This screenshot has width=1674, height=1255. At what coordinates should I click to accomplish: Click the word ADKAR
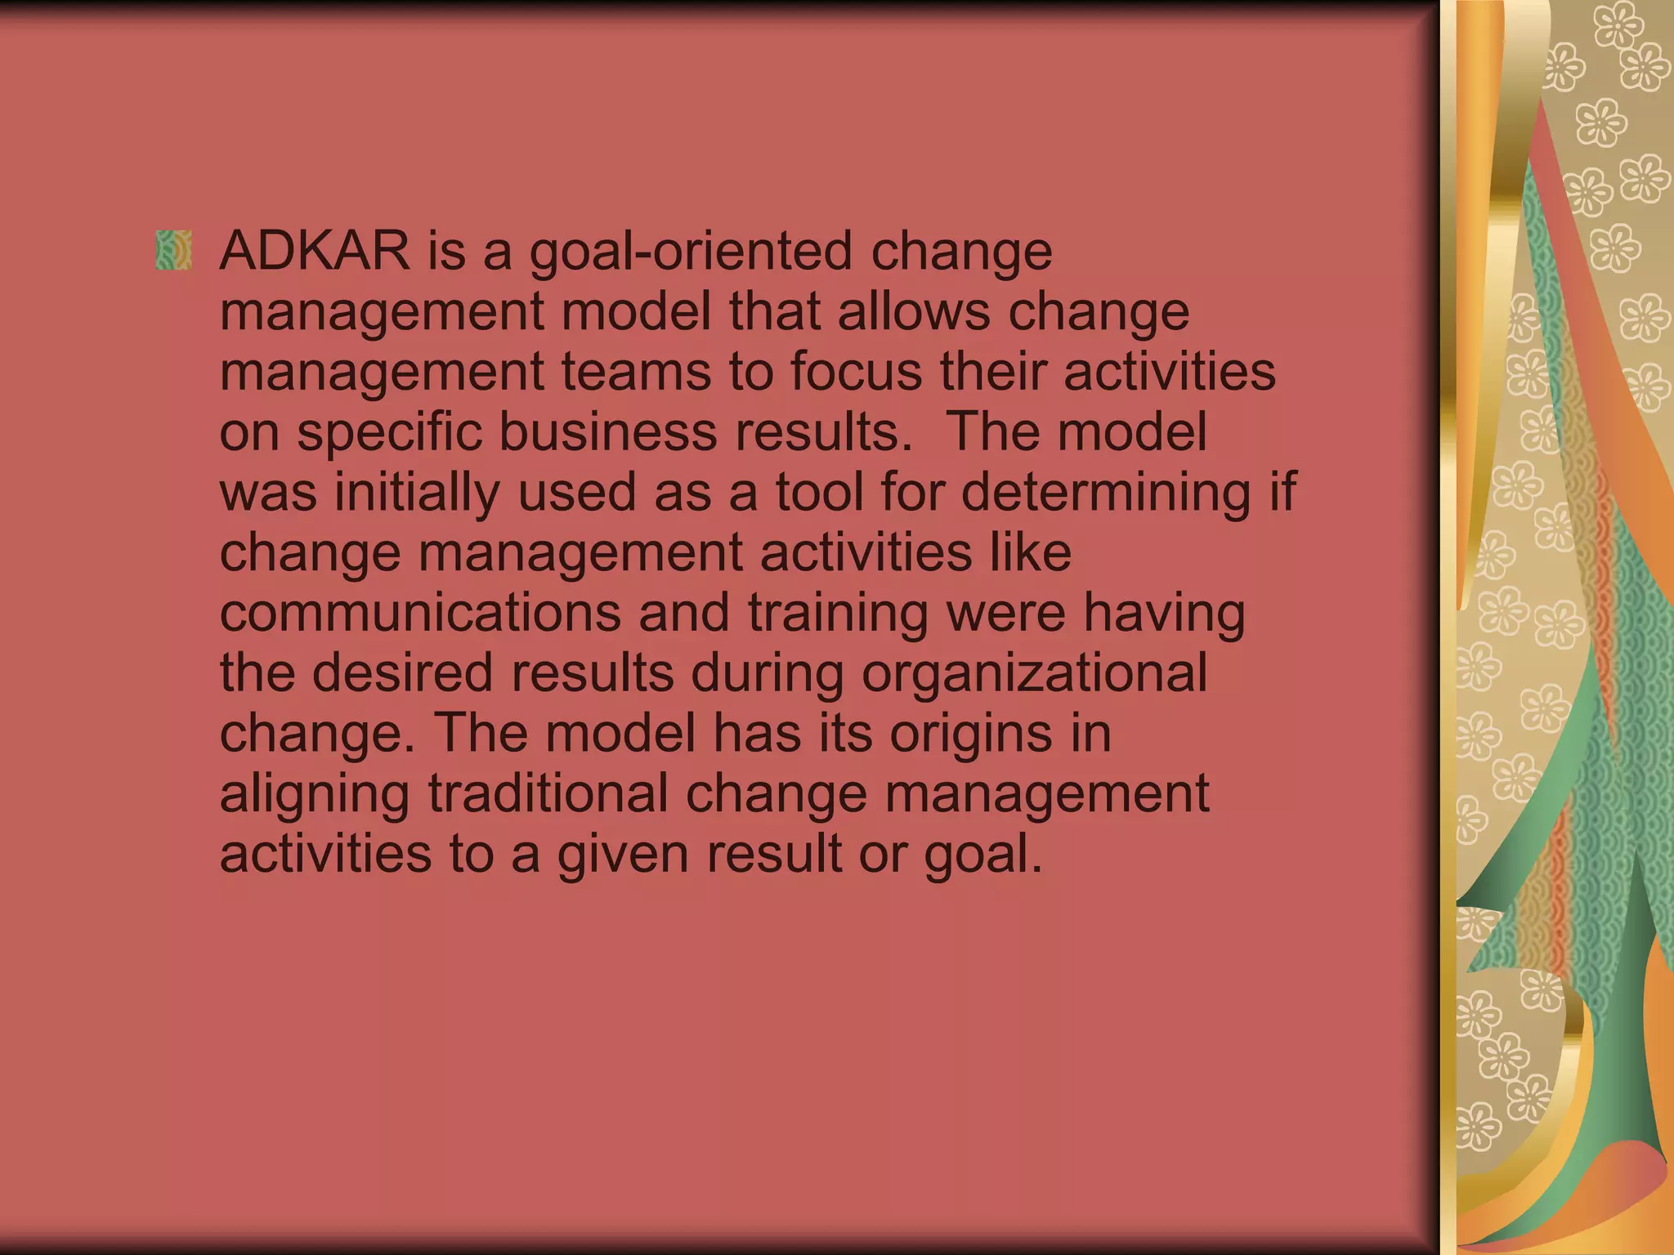(x=315, y=251)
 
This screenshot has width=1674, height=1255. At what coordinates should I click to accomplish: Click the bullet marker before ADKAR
(x=173, y=250)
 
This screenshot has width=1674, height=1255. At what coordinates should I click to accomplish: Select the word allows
(x=913, y=311)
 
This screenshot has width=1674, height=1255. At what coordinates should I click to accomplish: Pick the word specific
(x=389, y=433)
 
